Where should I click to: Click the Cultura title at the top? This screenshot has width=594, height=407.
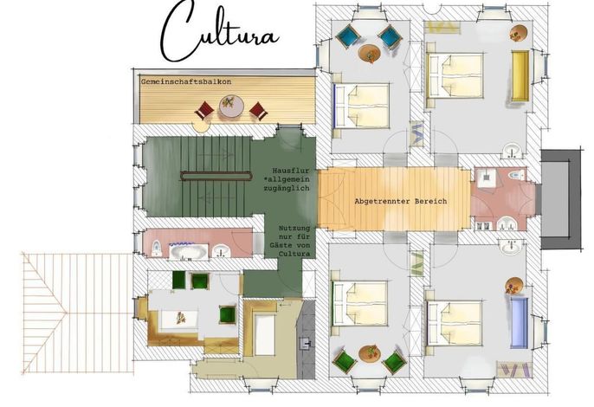coord(220,32)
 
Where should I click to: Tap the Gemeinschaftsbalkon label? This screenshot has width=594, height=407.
coord(186,81)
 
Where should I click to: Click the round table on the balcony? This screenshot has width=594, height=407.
coord(231,107)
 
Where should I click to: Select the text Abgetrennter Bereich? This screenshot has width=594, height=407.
coord(400,201)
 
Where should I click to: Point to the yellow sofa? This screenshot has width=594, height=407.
coord(520,76)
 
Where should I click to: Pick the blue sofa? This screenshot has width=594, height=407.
coord(520,323)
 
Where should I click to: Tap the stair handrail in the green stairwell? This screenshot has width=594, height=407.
coord(216,176)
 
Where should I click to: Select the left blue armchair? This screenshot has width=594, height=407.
coord(348,36)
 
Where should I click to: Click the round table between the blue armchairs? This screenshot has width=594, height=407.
coord(369,53)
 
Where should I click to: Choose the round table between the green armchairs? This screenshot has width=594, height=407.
coord(369,353)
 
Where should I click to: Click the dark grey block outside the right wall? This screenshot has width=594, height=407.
coord(561,199)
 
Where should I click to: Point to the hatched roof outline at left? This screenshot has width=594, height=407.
coord(78,313)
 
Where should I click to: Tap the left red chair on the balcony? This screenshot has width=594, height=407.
coord(204,111)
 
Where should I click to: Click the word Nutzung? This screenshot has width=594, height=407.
coord(294,229)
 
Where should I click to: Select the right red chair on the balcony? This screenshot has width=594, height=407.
coord(259,112)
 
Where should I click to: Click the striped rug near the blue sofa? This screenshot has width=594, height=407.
coord(513,370)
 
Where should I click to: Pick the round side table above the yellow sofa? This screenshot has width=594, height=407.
coord(519,33)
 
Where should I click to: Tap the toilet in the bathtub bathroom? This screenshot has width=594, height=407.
coord(157,249)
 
